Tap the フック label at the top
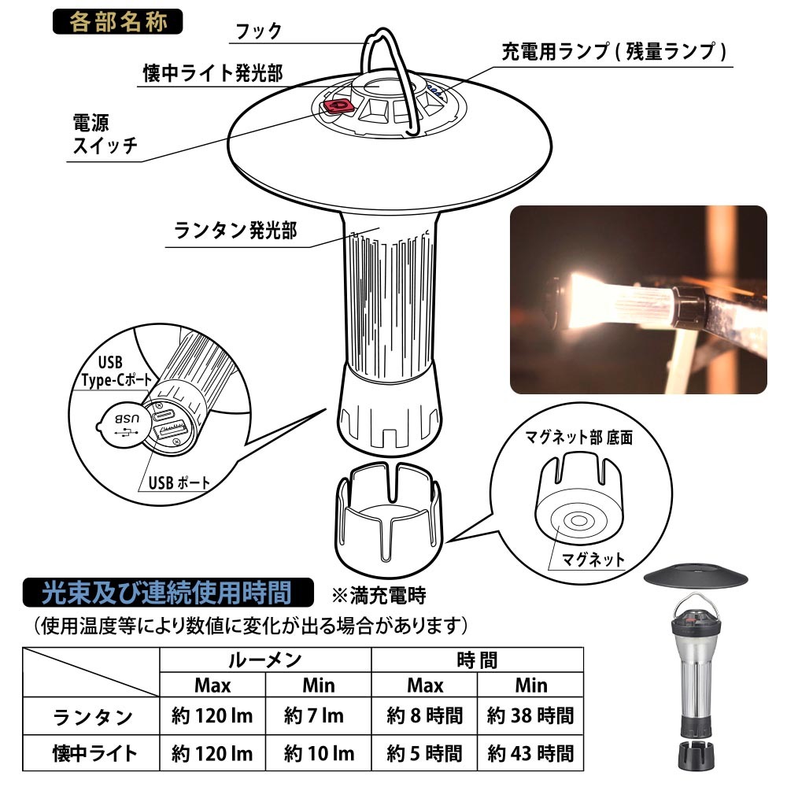point(259,31)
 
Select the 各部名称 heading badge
point(117,21)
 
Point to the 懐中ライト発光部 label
point(212,73)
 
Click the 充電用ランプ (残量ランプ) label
point(614,52)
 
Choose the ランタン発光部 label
point(235,231)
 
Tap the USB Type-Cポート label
point(116,371)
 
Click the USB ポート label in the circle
point(179,483)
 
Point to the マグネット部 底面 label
point(578,437)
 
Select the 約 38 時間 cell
point(530,715)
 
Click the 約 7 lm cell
point(314,715)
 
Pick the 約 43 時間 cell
point(530,753)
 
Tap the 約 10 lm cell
point(319,753)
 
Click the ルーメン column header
point(265,660)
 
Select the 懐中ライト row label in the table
point(94,753)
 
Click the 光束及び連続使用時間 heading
point(168,593)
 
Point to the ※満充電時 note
point(379,596)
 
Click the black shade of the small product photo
point(696,577)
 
